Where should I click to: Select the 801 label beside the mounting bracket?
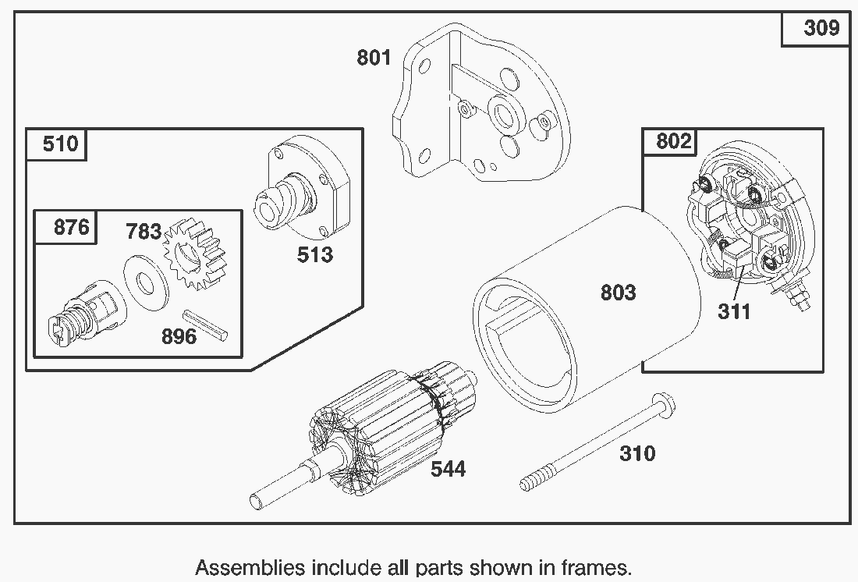(x=374, y=58)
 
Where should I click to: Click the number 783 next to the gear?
(x=144, y=232)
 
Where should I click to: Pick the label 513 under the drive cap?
(x=314, y=255)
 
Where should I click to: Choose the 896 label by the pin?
(x=179, y=337)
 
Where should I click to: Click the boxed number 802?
(x=673, y=142)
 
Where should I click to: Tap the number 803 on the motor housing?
(x=618, y=293)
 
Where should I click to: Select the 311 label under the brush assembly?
(x=734, y=312)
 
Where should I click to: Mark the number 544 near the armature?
(x=448, y=469)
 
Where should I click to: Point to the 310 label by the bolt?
(x=637, y=453)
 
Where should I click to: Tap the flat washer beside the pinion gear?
(x=146, y=279)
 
